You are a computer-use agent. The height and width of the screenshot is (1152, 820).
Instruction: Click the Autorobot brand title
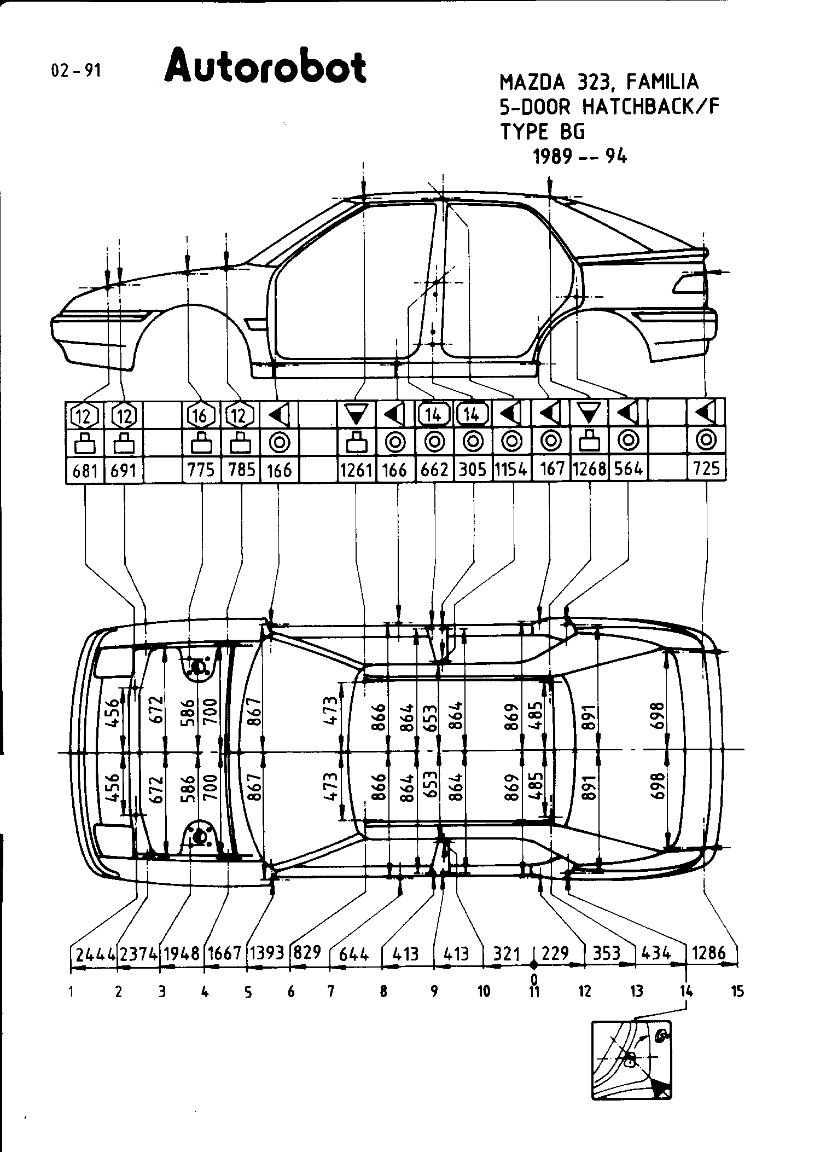point(265,67)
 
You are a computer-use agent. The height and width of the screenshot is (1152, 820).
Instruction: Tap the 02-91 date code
point(76,71)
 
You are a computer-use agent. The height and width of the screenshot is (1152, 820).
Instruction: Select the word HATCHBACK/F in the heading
point(650,107)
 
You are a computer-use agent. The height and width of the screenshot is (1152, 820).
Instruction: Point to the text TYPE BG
point(543,132)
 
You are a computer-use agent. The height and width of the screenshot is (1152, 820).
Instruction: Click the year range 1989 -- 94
point(580,158)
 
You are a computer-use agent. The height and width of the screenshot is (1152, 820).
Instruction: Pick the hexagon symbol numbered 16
point(201,416)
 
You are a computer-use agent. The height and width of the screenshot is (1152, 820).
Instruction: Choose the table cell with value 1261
point(356,470)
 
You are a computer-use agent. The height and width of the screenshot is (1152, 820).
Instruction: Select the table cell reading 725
point(706,470)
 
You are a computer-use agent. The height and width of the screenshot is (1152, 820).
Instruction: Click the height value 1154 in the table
point(511,470)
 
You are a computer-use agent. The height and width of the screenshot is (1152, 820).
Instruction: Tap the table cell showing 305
point(473,470)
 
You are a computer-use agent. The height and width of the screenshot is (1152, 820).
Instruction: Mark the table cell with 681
point(85,470)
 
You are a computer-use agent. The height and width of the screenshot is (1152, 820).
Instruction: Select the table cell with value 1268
point(589,470)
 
